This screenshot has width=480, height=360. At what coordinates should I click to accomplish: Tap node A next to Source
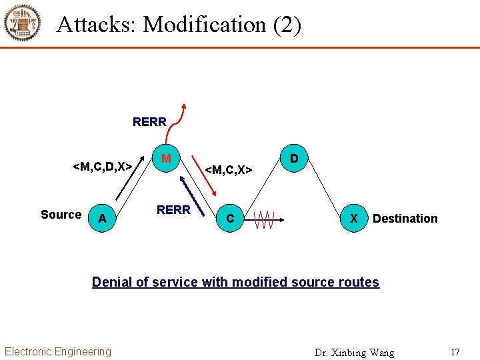click(x=101, y=218)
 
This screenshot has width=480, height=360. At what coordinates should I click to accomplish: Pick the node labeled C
click(x=230, y=219)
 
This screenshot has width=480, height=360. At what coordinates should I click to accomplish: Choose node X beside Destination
click(x=354, y=219)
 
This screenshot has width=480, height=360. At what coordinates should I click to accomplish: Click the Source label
click(x=61, y=215)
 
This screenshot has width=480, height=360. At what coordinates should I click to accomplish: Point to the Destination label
click(x=405, y=219)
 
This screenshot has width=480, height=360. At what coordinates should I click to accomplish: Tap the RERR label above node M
click(x=149, y=122)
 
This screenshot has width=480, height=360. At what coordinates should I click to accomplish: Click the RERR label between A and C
click(x=173, y=209)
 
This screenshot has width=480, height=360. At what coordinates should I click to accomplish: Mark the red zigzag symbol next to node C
click(x=265, y=219)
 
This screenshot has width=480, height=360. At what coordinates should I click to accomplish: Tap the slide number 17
click(x=455, y=352)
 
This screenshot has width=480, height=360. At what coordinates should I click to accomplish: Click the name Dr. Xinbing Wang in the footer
click(x=354, y=353)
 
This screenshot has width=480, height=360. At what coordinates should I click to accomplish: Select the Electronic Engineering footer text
click(x=58, y=351)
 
